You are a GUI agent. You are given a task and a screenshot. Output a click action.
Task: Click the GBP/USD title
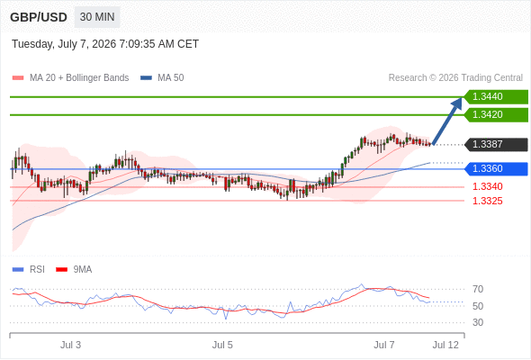pyautogui.click(x=39, y=17)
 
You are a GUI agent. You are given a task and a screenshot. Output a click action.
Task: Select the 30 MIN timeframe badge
pyautogui.click(x=97, y=17)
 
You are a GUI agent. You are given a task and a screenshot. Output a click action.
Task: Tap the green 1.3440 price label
pyautogui.click(x=496, y=97)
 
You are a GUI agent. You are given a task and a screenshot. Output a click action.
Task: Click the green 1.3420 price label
pyautogui.click(x=496, y=115)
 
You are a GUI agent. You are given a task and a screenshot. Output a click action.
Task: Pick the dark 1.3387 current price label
pyautogui.click(x=496, y=145)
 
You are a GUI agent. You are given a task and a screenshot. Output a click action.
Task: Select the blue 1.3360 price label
pyautogui.click(x=496, y=168)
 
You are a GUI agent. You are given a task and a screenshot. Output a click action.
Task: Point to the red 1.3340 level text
pyautogui.click(x=487, y=186)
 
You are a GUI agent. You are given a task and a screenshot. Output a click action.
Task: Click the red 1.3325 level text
pyautogui.click(x=487, y=202)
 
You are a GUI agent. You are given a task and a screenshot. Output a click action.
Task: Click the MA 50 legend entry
pyautogui.click(x=162, y=78)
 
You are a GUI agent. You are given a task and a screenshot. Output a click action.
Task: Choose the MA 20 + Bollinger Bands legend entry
pyautogui.click(x=70, y=78)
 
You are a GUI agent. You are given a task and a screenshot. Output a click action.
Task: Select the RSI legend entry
pyautogui.click(x=29, y=270)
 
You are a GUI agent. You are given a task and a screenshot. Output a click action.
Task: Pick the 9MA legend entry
pyautogui.click(x=74, y=270)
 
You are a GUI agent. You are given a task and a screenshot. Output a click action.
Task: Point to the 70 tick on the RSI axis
pyautogui.click(x=478, y=289)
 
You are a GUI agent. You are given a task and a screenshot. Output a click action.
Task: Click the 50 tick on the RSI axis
pyautogui.click(x=478, y=306)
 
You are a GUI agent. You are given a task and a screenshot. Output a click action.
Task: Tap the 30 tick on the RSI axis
pyautogui.click(x=478, y=322)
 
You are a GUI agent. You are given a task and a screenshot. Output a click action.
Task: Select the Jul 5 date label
pyautogui.click(x=222, y=345)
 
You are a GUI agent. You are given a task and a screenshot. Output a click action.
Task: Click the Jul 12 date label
pyautogui.click(x=445, y=345)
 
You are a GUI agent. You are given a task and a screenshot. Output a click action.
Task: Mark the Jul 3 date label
pyautogui.click(x=71, y=345)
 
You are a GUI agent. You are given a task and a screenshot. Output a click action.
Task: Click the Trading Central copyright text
pyautogui.click(x=455, y=78)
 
